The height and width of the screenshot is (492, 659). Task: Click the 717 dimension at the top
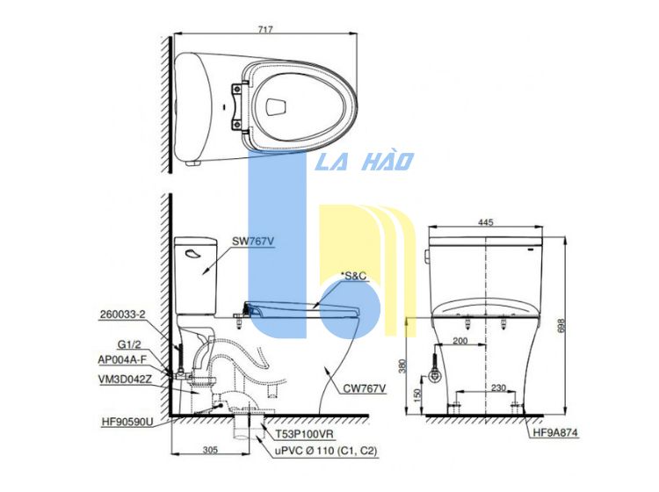[265, 29]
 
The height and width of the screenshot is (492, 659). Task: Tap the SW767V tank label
[253, 242]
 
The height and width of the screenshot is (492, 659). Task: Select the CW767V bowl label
[365, 388]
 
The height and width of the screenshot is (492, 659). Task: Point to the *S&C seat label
[354, 276]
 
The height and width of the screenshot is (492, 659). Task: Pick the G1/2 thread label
[129, 345]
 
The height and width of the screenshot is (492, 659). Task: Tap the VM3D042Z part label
[125, 380]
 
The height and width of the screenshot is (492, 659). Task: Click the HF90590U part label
[127, 422]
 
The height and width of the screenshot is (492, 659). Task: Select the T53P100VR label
[304, 434]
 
